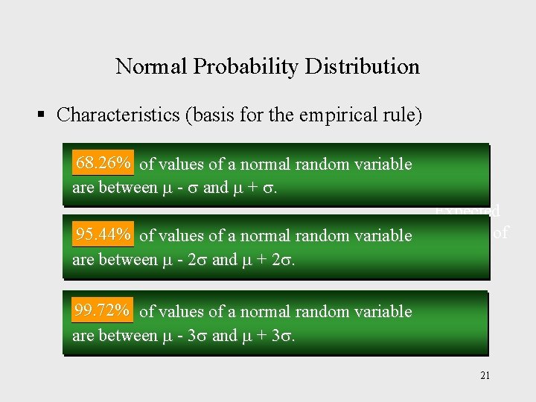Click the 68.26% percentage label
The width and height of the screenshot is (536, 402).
(103, 162)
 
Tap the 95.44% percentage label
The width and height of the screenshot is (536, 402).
(103, 235)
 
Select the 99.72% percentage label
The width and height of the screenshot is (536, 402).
(103, 310)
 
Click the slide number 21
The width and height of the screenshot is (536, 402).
(485, 375)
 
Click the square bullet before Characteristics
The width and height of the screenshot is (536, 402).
(42, 115)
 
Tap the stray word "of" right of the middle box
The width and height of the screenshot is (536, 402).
(500, 233)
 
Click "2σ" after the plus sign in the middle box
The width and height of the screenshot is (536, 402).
(286, 261)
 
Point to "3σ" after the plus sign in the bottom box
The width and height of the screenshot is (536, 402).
(286, 335)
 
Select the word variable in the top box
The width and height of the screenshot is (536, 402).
(385, 164)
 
